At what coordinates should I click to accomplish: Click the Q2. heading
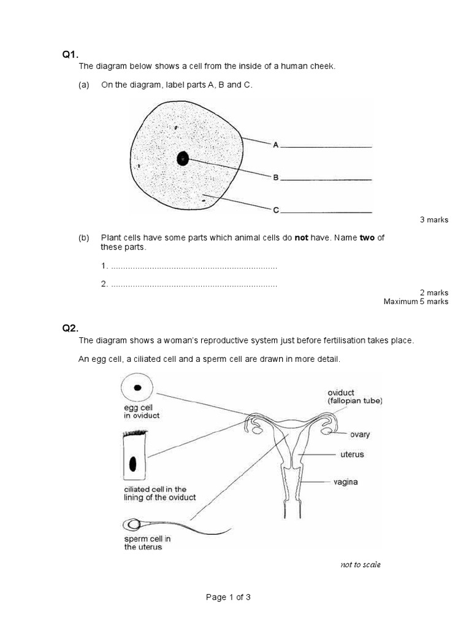tap(70, 327)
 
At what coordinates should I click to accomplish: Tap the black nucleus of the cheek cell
tap(182, 159)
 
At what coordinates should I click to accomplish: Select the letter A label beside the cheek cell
tap(276, 145)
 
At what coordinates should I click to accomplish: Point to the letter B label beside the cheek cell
tap(276, 178)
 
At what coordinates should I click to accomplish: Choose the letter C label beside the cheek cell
tap(276, 210)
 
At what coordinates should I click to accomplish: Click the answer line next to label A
tap(327, 147)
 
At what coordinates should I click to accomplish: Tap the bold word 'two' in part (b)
tap(367, 238)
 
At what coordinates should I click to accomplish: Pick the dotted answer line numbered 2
tap(194, 285)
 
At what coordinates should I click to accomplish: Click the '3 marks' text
tap(434, 220)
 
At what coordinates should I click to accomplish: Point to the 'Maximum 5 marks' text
tap(416, 301)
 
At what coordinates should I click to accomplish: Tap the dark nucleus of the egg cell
tap(137, 387)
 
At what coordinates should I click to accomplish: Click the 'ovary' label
tap(359, 434)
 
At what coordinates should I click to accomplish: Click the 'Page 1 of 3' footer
tap(229, 597)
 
